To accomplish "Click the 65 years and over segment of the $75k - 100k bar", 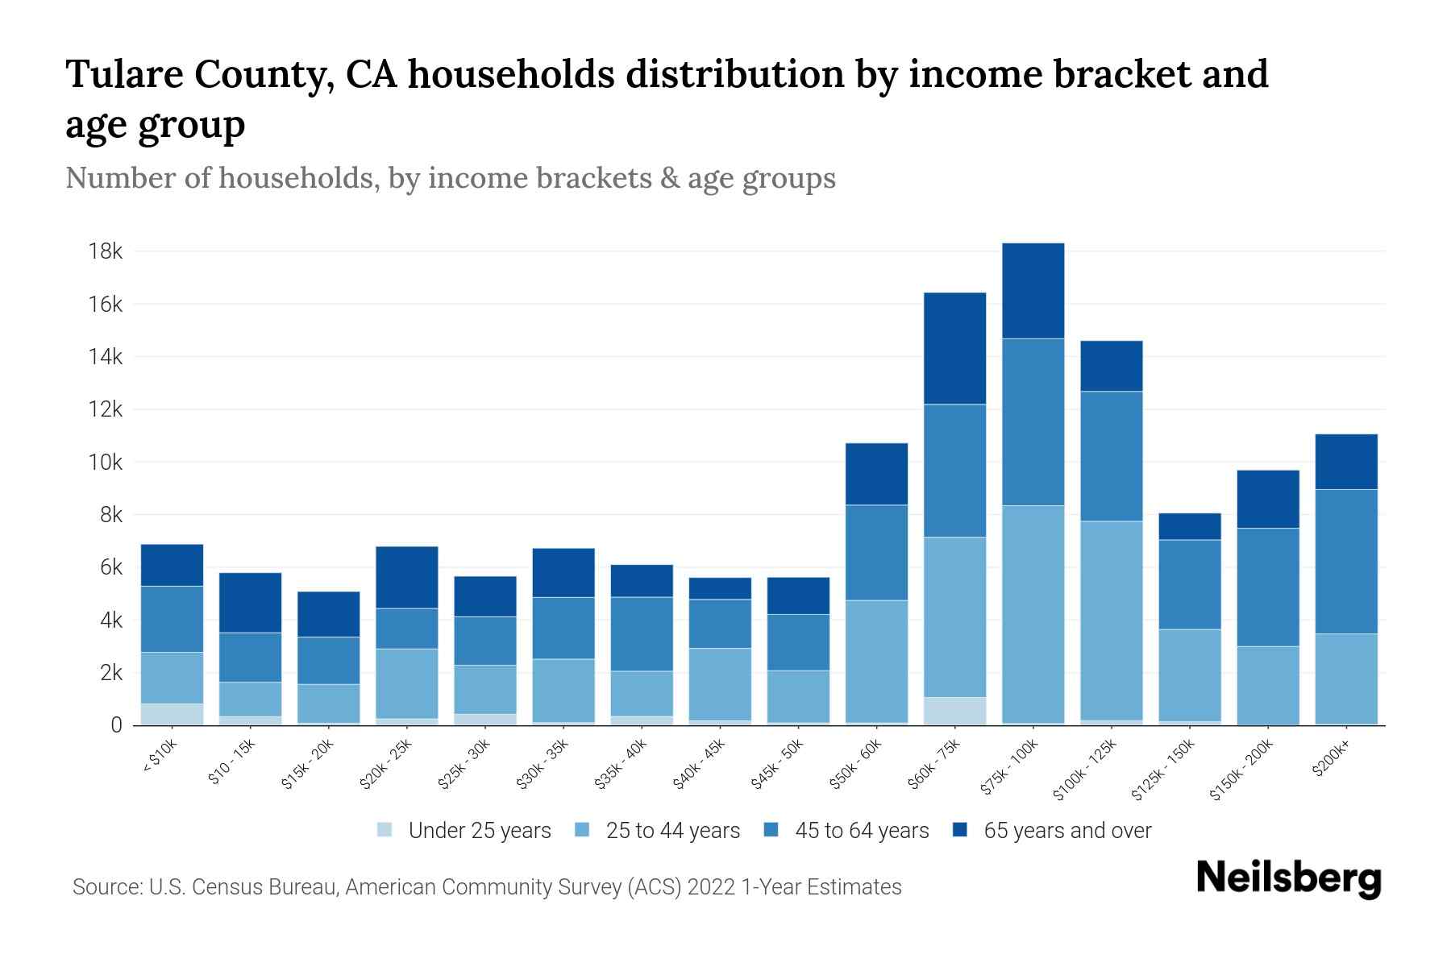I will click(1033, 291).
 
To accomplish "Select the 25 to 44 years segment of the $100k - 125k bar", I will click(1111, 620).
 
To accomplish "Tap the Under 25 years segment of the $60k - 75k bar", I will click(954, 711).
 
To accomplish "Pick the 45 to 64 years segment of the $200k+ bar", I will click(1345, 562).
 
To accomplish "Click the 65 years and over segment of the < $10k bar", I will click(172, 565).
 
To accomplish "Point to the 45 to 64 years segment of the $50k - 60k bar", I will click(876, 553).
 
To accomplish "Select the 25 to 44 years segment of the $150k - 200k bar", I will click(1267, 685).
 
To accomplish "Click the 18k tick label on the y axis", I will click(105, 251).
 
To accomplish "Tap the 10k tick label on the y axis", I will click(105, 463).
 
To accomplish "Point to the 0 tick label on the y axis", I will click(116, 725).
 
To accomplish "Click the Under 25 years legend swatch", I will click(385, 830).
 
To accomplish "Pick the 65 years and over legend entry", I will click(1066, 830).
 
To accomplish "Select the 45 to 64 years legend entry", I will click(861, 830).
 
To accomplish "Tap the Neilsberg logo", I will click(1288, 878).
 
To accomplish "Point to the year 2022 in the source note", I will click(713, 887).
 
